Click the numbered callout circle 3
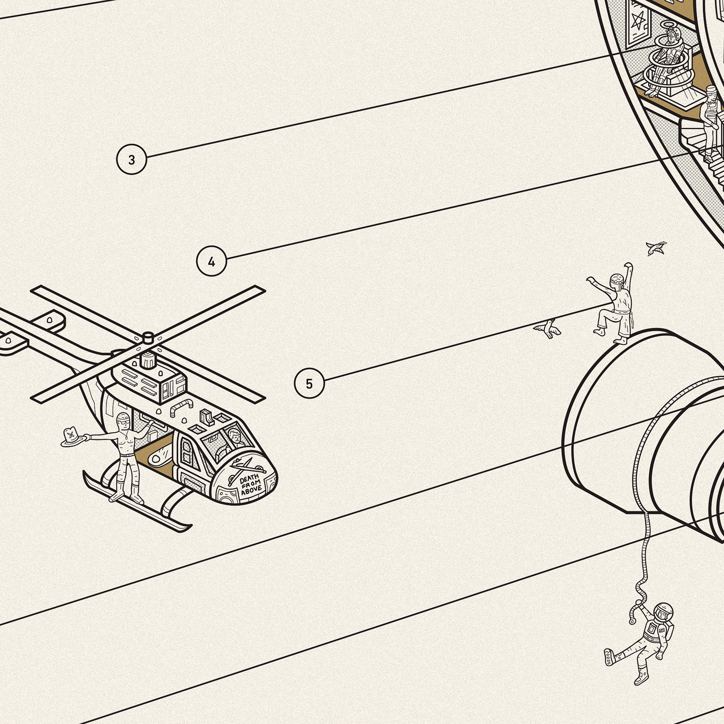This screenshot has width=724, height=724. click(132, 160)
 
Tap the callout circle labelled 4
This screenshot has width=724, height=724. click(212, 261)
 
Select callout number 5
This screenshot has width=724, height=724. click(309, 383)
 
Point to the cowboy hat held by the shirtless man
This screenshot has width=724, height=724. click(72, 437)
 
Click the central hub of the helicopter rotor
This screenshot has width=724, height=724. click(148, 337)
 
